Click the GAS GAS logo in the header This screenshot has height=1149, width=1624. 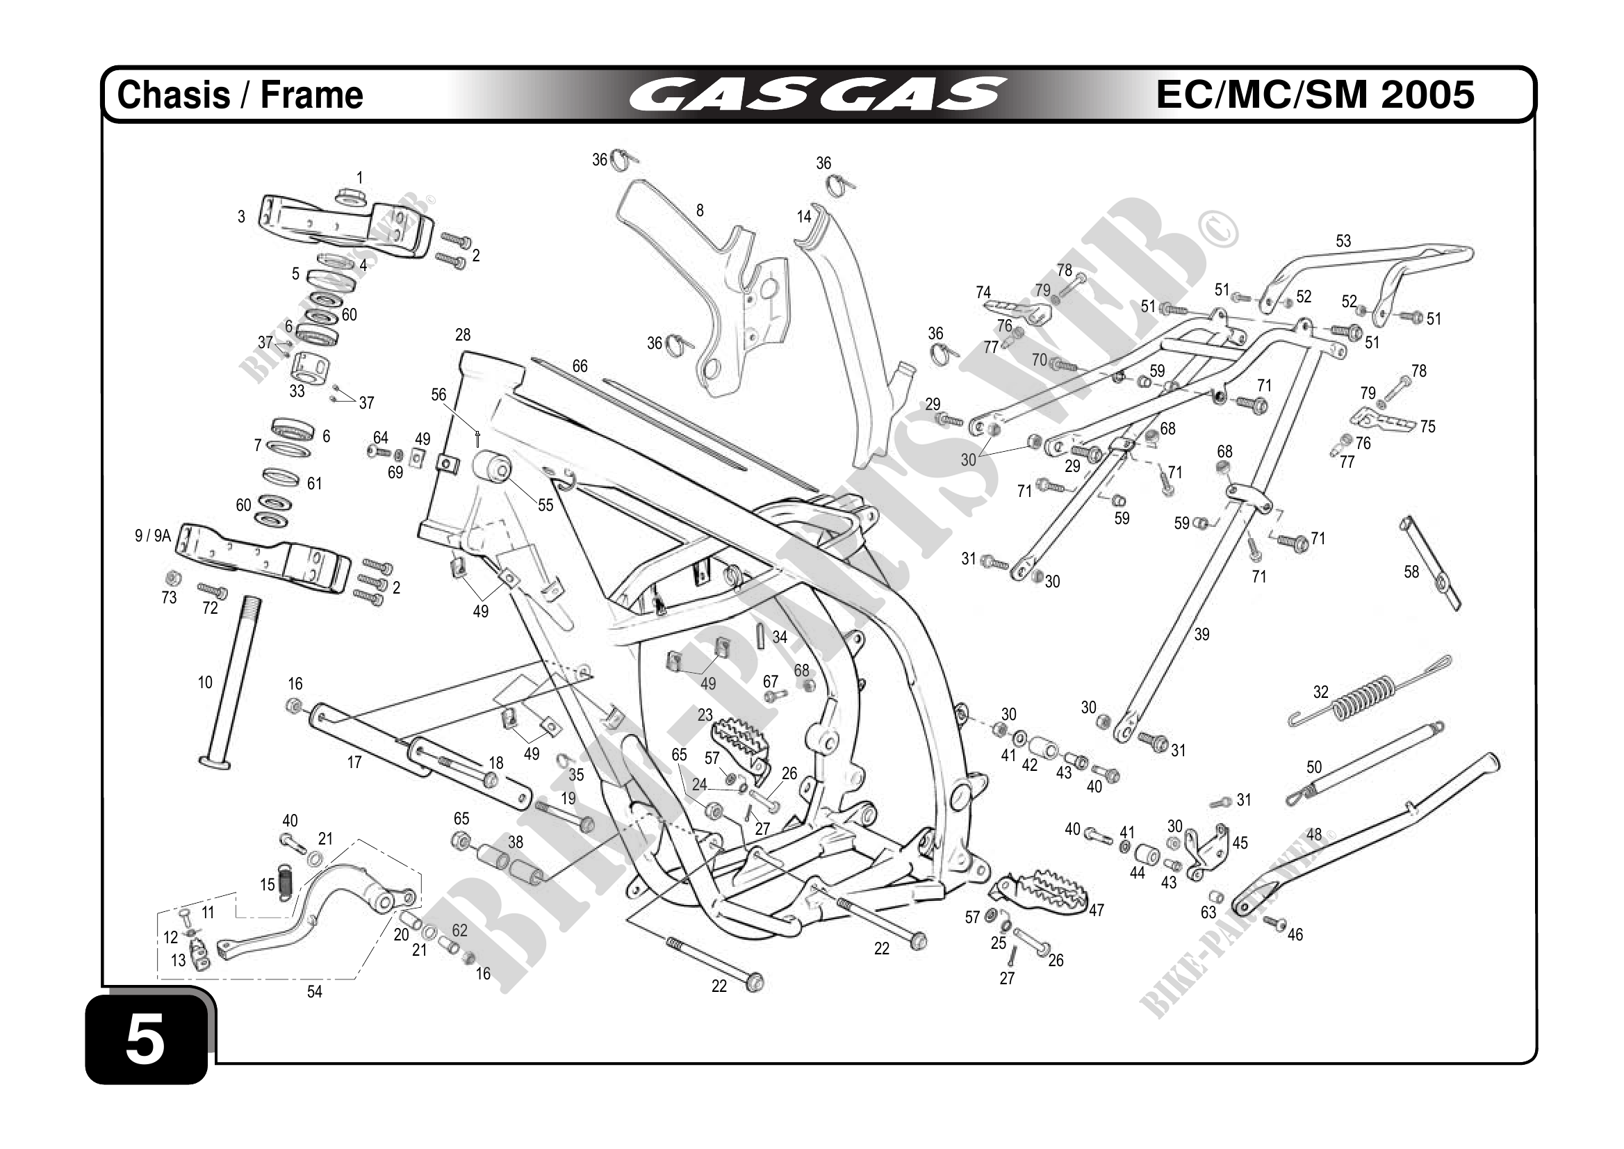pyautogui.click(x=818, y=95)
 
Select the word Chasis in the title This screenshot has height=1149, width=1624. pyautogui.click(x=173, y=95)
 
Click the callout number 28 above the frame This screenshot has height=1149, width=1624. pyautogui.click(x=463, y=334)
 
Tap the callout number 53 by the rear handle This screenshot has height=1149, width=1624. pyautogui.click(x=1343, y=241)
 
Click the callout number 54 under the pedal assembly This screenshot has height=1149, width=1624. pyautogui.click(x=314, y=992)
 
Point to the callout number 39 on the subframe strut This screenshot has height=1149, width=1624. pyautogui.click(x=1201, y=635)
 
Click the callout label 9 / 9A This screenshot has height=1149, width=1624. pyautogui.click(x=153, y=536)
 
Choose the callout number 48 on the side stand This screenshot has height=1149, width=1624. pyautogui.click(x=1314, y=835)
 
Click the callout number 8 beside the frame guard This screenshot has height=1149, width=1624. pyautogui.click(x=700, y=210)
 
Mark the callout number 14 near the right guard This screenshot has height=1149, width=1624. pyautogui.click(x=803, y=217)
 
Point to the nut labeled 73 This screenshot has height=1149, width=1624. pyautogui.click(x=171, y=578)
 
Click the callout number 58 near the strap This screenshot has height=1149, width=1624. pyautogui.click(x=1411, y=571)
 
